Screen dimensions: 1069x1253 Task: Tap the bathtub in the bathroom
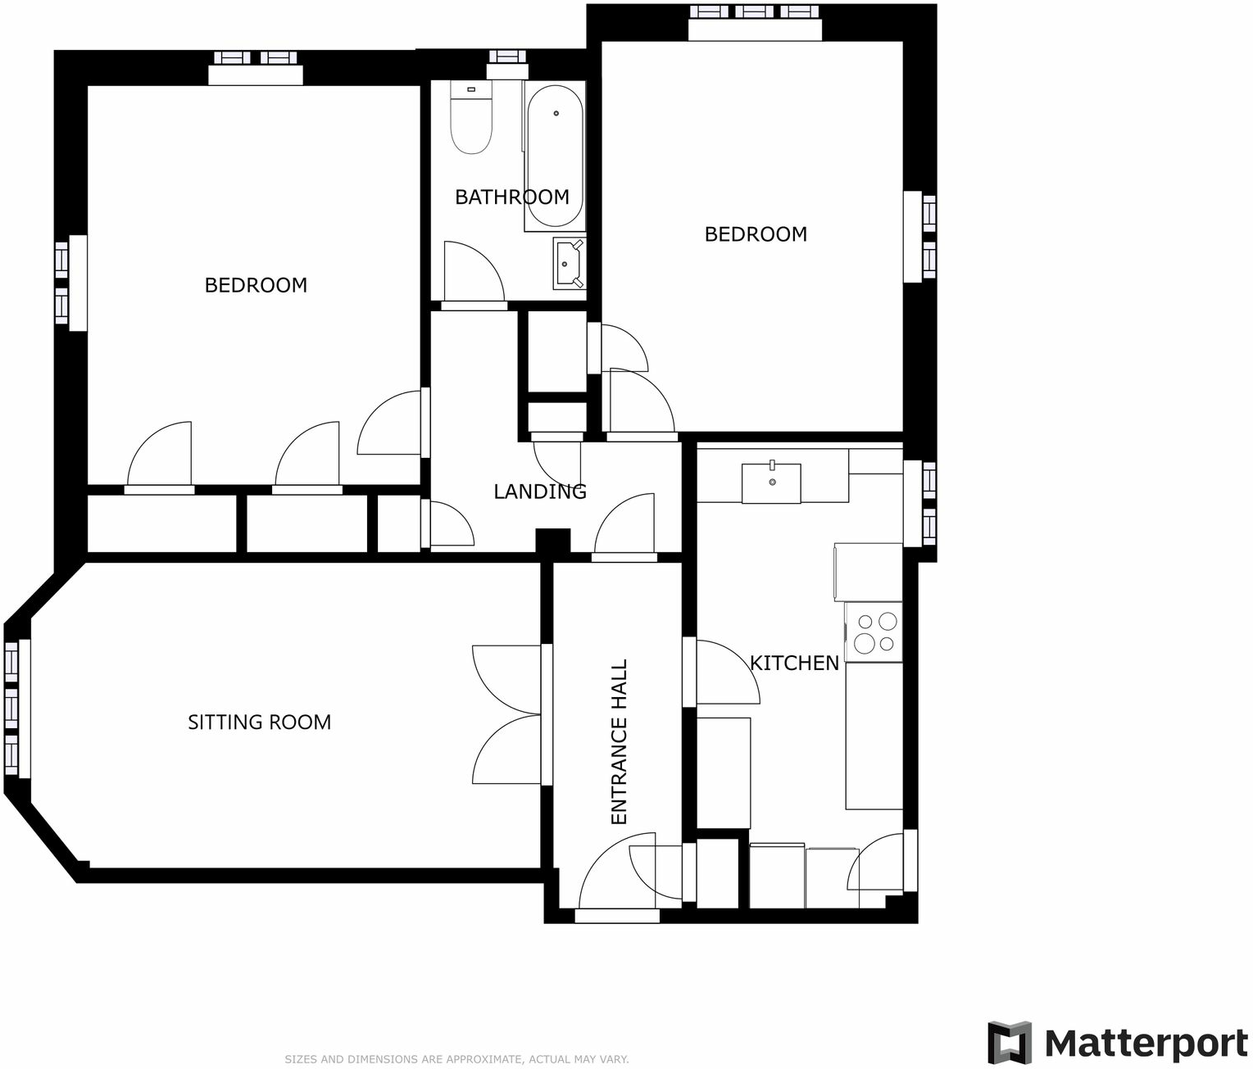[x=555, y=156]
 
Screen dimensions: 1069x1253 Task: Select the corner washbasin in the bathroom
[x=568, y=264]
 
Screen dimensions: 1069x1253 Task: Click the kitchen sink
[x=771, y=482]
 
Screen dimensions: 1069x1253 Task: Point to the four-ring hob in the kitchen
[x=874, y=632]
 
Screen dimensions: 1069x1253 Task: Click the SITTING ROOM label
[x=259, y=722]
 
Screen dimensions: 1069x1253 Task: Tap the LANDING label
[x=539, y=491]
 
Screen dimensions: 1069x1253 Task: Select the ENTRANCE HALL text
[x=619, y=741]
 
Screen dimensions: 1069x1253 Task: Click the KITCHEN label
[x=794, y=663]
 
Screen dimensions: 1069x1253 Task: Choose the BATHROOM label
[x=511, y=197]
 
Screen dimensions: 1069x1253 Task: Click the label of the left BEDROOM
[x=256, y=285]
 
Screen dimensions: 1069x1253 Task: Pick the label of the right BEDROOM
[x=756, y=234]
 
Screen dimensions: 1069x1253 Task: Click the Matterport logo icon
[x=1009, y=1042]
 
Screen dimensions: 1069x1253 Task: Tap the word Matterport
[x=1146, y=1043]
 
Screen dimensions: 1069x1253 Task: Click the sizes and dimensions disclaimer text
[x=456, y=1059]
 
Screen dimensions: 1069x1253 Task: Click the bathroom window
[x=506, y=57]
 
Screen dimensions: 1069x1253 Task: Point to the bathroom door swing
[x=472, y=272]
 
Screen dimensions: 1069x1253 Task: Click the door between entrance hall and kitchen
[x=721, y=672]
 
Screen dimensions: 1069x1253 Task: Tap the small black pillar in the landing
[x=552, y=541]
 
